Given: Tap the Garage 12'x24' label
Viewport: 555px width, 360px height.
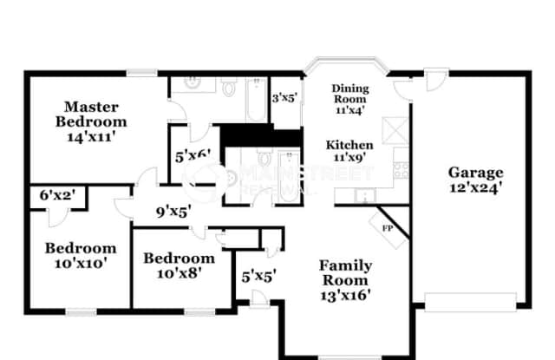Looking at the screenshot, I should coord(475,179).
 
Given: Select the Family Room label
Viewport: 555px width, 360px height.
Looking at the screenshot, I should coord(345,279).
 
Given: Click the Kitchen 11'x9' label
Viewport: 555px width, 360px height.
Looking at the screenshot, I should coord(349,151).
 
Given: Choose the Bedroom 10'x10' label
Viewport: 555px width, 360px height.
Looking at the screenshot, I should coord(80,254).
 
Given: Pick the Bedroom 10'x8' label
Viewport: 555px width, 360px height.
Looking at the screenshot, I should coord(179,265).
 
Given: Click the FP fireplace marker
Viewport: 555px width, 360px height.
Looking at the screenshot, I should coord(388,227).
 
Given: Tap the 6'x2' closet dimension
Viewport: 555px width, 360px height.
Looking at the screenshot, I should coord(58,196).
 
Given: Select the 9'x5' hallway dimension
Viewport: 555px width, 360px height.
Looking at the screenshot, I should coord(173,209).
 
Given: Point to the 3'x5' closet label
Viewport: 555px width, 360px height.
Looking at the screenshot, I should coord(284,99).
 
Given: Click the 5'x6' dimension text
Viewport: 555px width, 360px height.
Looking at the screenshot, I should coord(193,155).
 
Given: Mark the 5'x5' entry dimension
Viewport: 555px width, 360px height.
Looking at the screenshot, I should coord(258,277).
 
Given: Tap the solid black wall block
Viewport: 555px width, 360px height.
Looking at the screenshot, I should coord(242,137).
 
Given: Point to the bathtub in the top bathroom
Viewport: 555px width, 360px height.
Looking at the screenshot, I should coord(255,100).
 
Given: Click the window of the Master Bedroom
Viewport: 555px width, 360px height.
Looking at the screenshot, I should coord(140,73).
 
